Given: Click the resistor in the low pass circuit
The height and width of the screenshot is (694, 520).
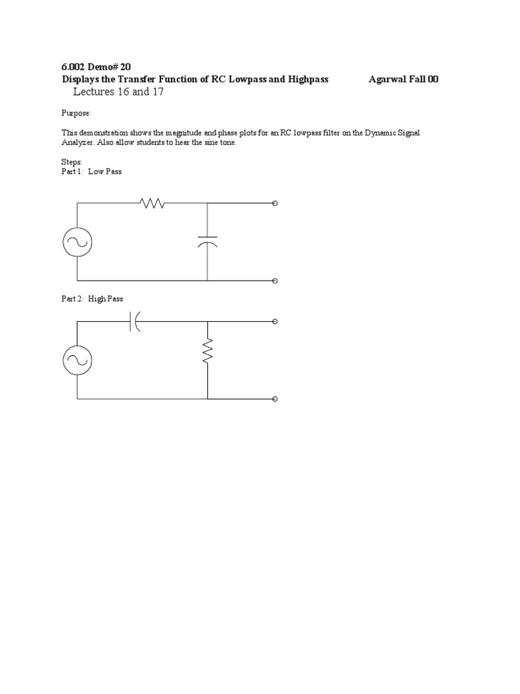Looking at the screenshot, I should tap(152, 203).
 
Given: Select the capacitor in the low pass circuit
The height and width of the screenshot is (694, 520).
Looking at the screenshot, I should tap(207, 241).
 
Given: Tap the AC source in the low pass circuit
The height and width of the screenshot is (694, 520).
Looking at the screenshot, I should tap(77, 241).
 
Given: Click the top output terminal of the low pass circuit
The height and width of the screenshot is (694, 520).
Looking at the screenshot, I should tap(274, 203).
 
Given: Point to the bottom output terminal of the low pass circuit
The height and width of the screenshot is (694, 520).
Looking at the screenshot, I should tap(274, 280).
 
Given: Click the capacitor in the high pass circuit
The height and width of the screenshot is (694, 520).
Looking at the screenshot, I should tap(134, 321).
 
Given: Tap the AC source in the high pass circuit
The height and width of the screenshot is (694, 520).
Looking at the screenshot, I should tap(77, 360).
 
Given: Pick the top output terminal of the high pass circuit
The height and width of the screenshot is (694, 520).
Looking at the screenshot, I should tap(274, 321).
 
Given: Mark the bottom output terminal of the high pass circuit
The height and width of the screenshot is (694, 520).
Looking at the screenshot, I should tap(274, 399).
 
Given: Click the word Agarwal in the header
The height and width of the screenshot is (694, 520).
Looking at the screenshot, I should tap(389, 79).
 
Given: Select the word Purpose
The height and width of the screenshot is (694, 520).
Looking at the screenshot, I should tap(75, 114).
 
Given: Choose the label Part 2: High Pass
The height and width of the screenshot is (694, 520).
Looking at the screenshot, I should tap(92, 298).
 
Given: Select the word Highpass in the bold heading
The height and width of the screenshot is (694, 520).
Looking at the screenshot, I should tap(308, 79).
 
